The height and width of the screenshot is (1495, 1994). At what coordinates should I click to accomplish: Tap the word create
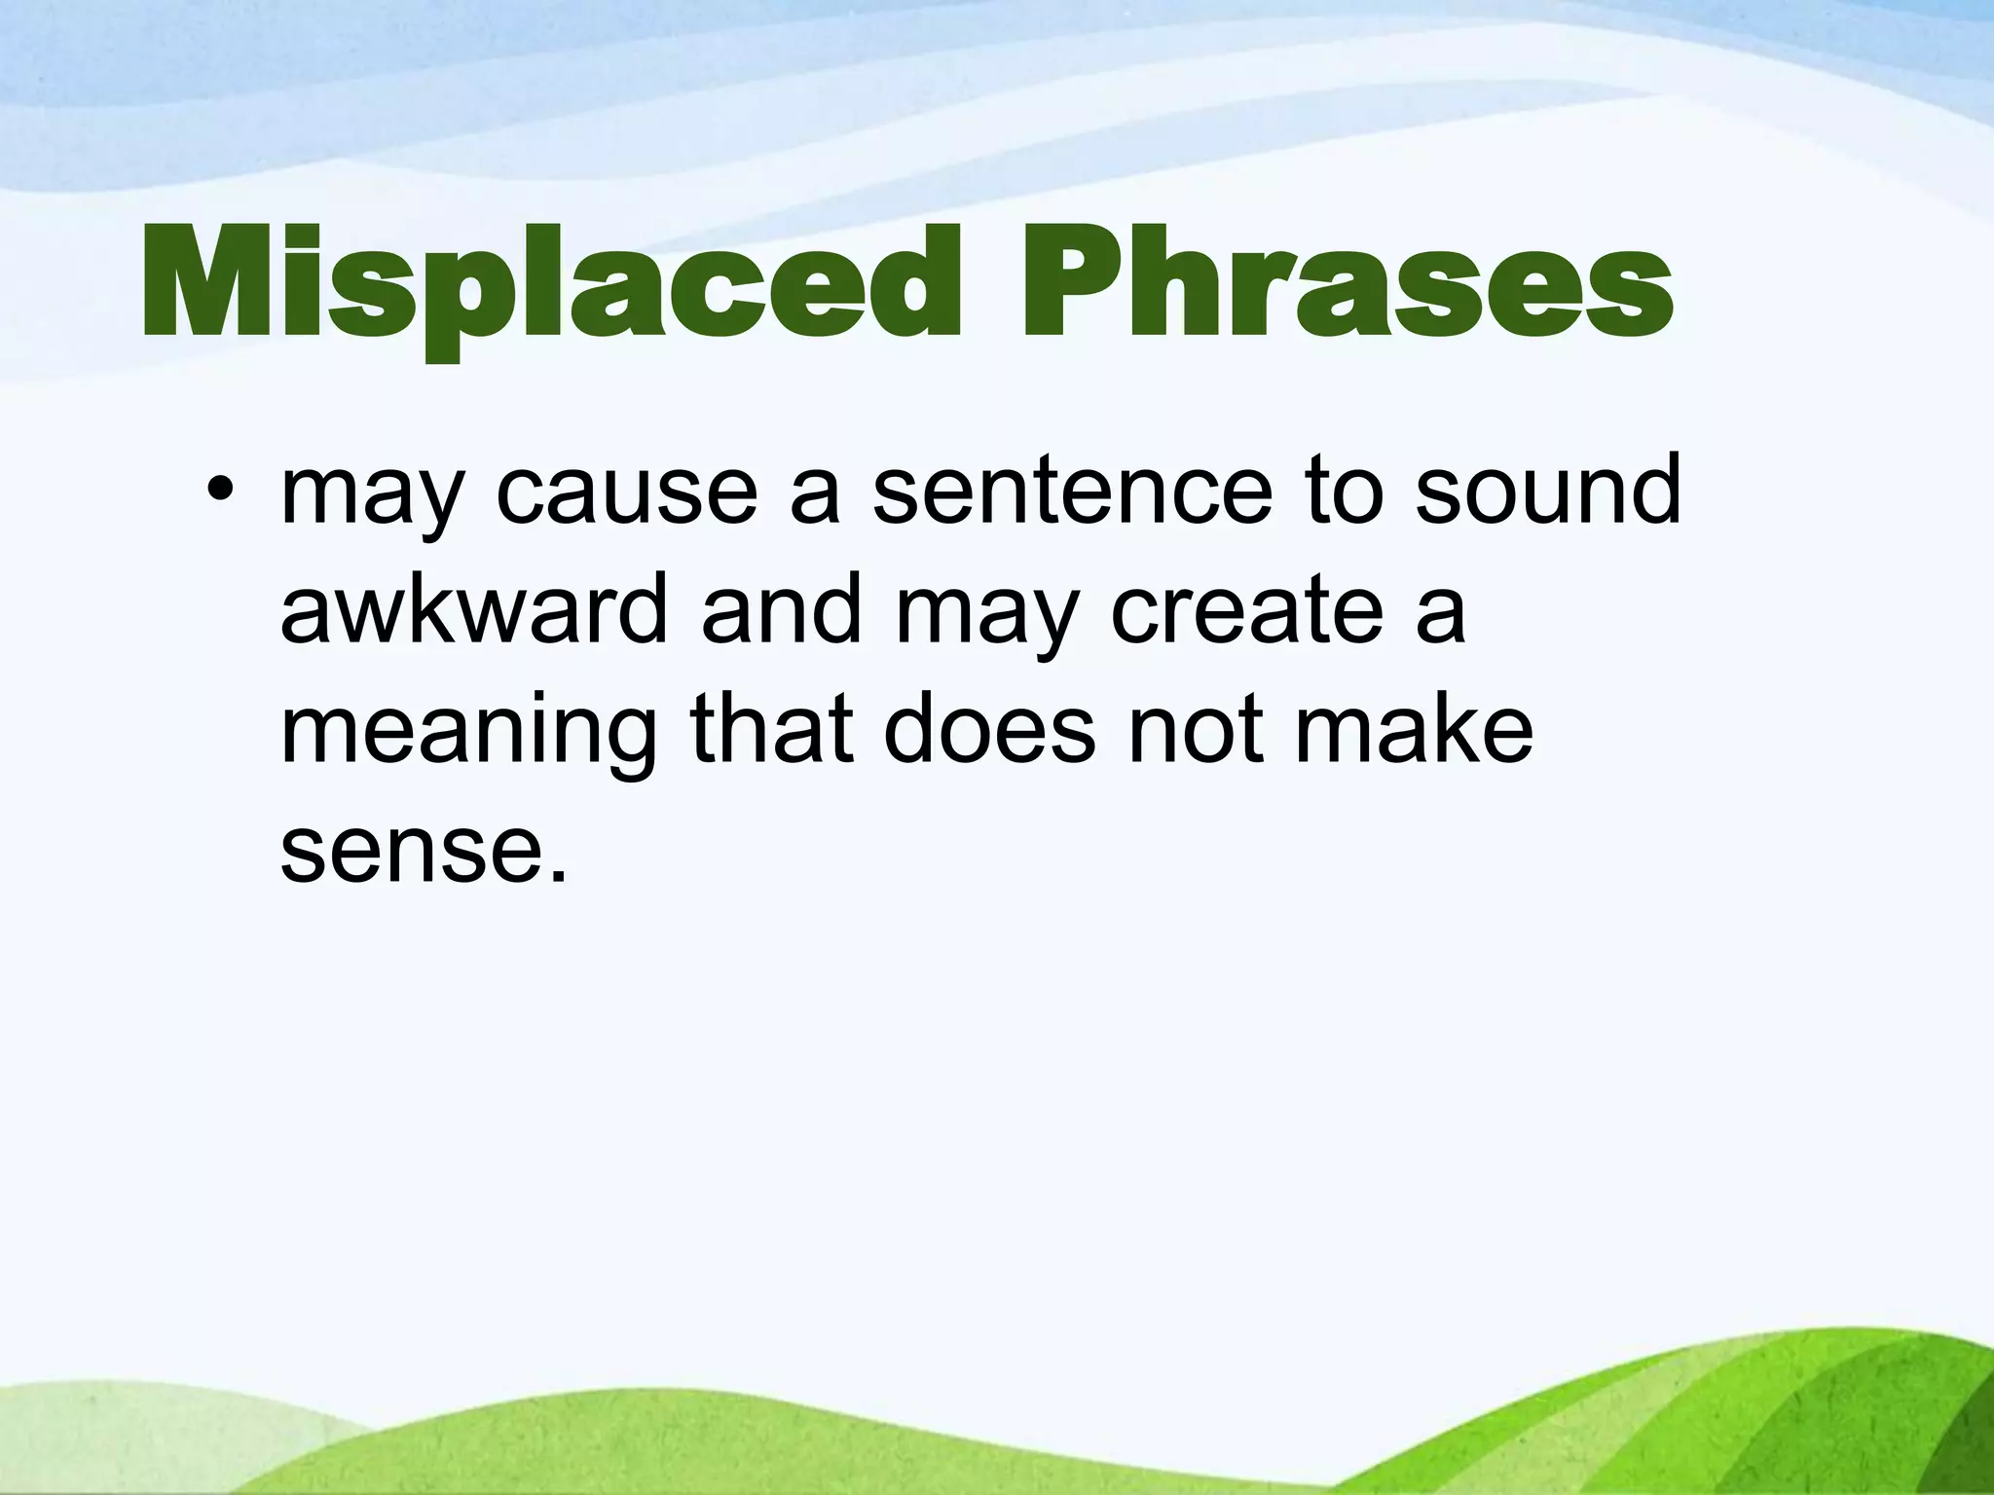click(1246, 610)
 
